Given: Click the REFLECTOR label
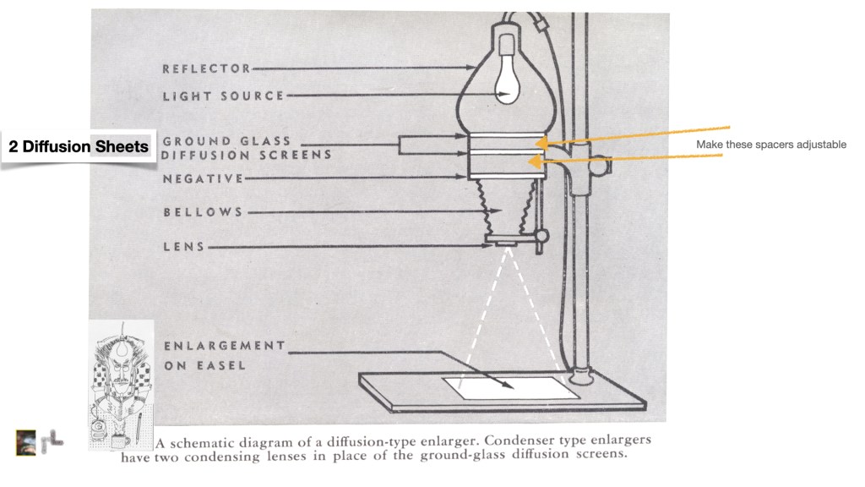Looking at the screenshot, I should click(207, 68).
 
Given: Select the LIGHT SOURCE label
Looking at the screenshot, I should click(223, 96).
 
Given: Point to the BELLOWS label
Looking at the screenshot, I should click(203, 212).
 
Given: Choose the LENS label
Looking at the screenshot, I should click(183, 247).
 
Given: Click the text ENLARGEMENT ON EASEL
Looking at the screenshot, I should click(223, 355).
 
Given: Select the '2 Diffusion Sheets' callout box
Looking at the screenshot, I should click(79, 147).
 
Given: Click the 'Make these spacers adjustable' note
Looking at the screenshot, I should click(770, 145).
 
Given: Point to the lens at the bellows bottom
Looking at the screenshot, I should click(507, 244).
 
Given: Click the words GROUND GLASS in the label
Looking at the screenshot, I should click(226, 141).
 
